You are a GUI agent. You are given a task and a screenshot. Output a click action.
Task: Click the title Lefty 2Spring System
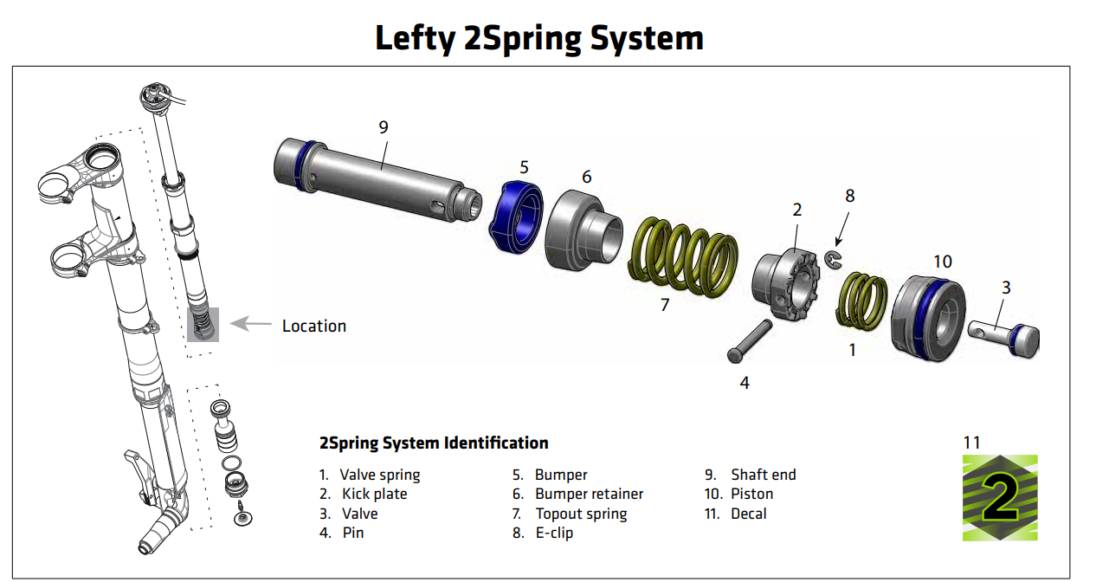[538, 38]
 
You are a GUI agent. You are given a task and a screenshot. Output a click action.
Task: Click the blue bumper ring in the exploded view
[518, 217]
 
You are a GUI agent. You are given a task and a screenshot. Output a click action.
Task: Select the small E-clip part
[835, 260]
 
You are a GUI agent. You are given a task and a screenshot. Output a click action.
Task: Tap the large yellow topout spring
[684, 257]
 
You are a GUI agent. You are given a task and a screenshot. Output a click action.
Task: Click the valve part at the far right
[1004, 338]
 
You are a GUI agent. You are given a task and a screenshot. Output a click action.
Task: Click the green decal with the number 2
[1000, 498]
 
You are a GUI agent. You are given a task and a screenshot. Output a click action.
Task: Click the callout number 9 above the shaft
[383, 127]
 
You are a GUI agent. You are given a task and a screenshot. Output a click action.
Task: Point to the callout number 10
[942, 262]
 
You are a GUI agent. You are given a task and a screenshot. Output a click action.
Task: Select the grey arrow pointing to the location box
[250, 325]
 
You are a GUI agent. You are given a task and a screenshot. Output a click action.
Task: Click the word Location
[314, 327]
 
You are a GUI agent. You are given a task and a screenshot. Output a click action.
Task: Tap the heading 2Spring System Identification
[434, 443]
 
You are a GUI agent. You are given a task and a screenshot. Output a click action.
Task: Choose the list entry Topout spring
[580, 514]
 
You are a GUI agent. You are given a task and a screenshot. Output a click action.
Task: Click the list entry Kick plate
[374, 494]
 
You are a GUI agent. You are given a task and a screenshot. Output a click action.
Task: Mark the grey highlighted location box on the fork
[203, 325]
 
